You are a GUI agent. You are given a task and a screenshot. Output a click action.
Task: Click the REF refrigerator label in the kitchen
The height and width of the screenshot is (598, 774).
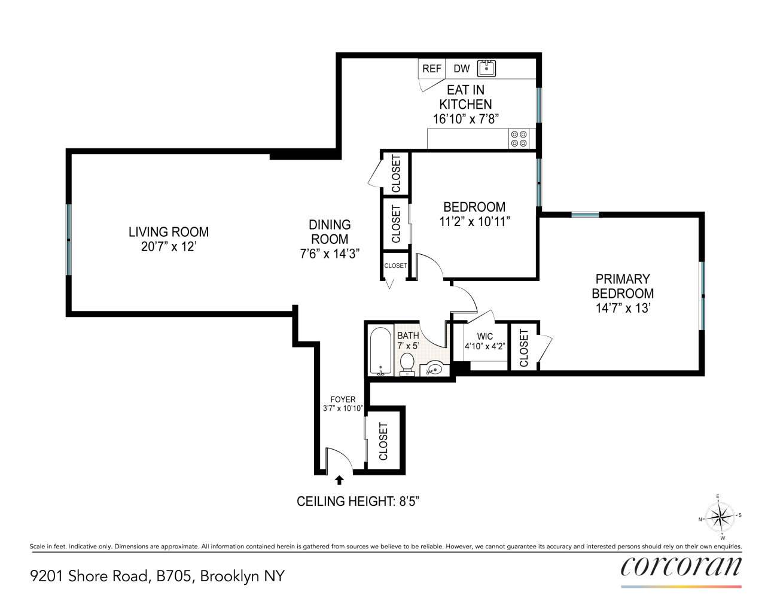(431, 69)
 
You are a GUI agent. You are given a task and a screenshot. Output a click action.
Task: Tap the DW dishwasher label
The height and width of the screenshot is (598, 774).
(461, 69)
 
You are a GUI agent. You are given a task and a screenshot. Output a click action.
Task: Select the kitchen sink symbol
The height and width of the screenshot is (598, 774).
(486, 68)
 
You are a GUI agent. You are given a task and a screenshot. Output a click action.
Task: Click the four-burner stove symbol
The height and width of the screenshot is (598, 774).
(519, 139)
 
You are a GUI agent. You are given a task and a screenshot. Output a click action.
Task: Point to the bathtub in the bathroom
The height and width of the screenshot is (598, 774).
(380, 351)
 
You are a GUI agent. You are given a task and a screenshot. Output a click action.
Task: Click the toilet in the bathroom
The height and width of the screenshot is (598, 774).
(407, 364)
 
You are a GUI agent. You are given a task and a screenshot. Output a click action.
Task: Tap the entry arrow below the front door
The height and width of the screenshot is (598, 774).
(339, 480)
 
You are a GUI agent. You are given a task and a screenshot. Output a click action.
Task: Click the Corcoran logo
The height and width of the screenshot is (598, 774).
(681, 567)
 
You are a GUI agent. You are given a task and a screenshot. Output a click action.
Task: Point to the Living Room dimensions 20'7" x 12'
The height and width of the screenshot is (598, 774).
(169, 246)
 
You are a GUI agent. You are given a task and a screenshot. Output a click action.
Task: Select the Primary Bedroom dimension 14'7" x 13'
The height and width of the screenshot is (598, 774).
(623, 308)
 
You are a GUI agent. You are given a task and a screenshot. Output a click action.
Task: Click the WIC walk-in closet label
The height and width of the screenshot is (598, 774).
(485, 337)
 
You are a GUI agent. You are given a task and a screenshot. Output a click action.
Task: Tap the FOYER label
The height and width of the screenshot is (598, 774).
(343, 399)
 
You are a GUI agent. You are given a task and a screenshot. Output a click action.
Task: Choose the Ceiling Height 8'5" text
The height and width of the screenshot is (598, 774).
(358, 501)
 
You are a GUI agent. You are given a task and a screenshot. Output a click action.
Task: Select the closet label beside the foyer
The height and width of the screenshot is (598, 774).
(383, 441)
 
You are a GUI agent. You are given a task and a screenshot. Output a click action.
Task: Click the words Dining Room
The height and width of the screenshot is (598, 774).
(330, 231)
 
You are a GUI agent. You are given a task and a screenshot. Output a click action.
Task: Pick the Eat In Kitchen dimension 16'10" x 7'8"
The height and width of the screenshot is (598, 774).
(465, 119)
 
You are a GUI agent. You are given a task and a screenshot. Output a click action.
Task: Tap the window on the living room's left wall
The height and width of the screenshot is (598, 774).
(69, 240)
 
